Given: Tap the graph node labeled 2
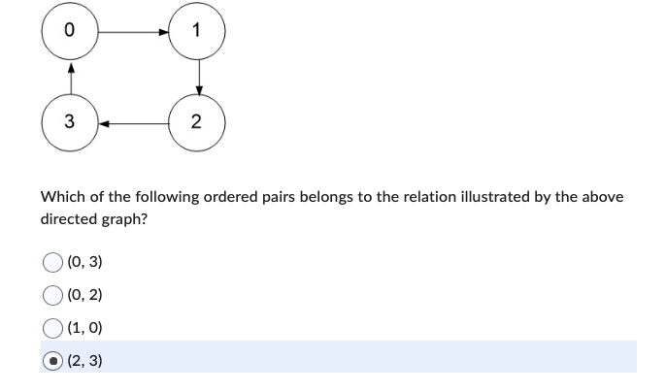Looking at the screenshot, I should pos(197,123).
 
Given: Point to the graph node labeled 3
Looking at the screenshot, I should pos(70,123).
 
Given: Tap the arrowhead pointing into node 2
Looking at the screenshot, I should pos(197,90).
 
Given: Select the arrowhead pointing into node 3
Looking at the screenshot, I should pos(104,123).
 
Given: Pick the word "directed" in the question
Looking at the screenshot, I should pos(67,219).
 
